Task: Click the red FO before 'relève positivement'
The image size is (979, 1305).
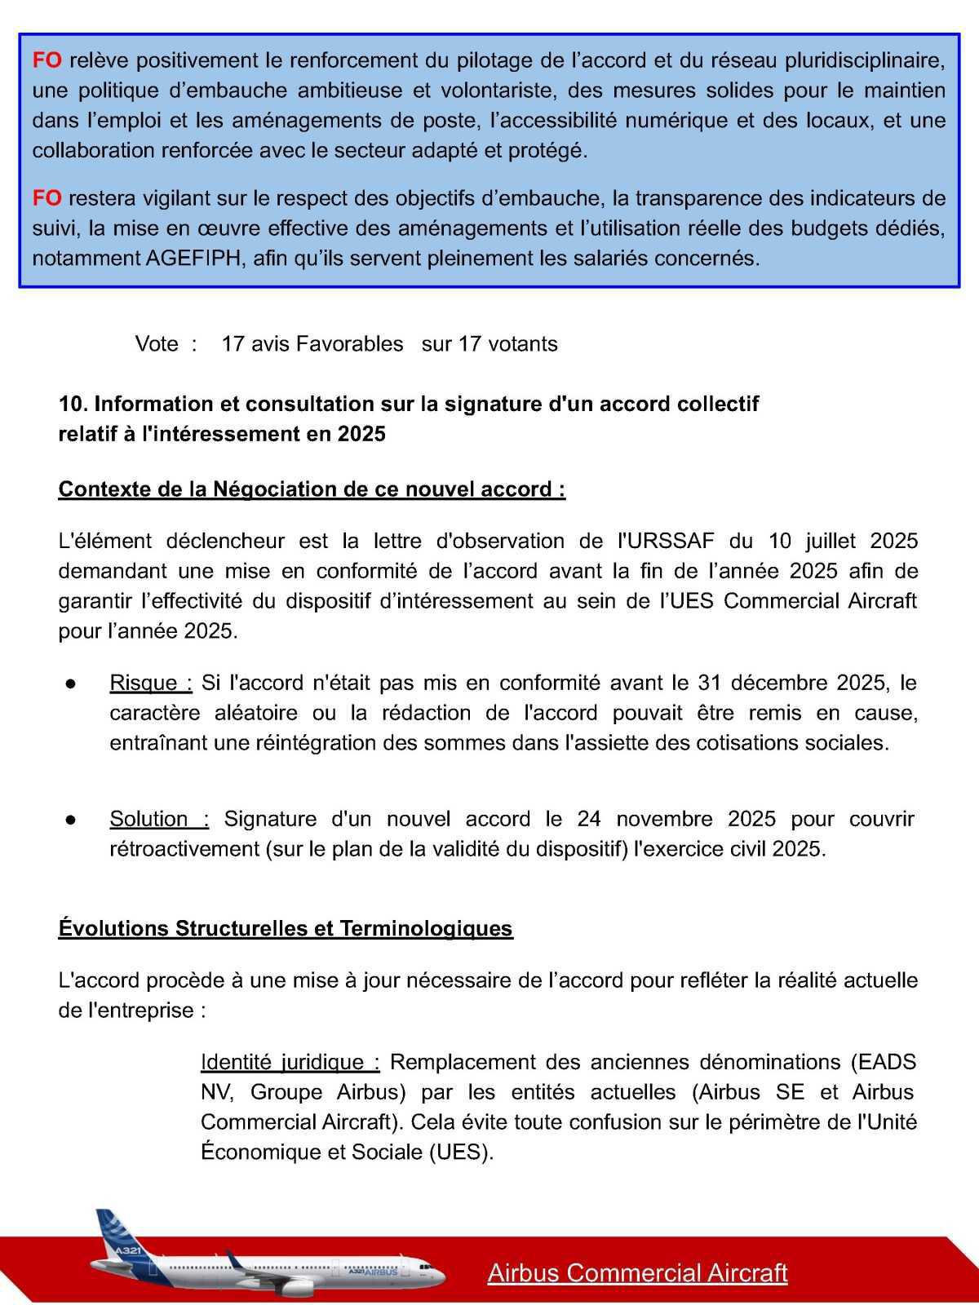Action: [x=47, y=60]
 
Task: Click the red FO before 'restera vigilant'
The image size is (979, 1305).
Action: [x=47, y=198]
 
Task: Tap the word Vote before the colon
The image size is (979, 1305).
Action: [x=157, y=344]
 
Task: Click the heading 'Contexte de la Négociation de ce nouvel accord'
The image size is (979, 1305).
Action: [x=311, y=489]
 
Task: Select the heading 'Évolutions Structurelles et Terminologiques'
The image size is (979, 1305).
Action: [x=286, y=929]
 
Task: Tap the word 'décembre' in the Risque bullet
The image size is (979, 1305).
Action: [x=779, y=683]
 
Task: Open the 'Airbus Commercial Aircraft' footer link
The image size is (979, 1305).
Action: [x=637, y=1273]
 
